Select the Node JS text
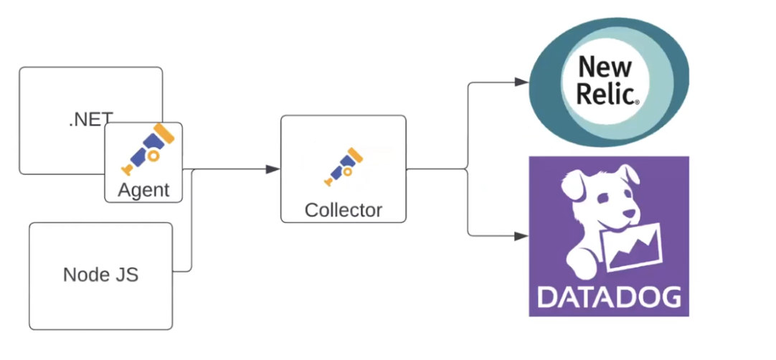click(100, 275)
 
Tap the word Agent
click(143, 190)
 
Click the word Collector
click(343, 210)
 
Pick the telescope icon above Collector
click(344, 166)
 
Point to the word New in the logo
click(605, 67)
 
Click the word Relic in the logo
click(604, 93)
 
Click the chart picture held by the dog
click(635, 247)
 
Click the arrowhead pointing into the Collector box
click(273, 169)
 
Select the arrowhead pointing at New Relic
click(522, 82)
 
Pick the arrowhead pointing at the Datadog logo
click(522, 235)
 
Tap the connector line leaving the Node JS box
click(184, 271)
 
